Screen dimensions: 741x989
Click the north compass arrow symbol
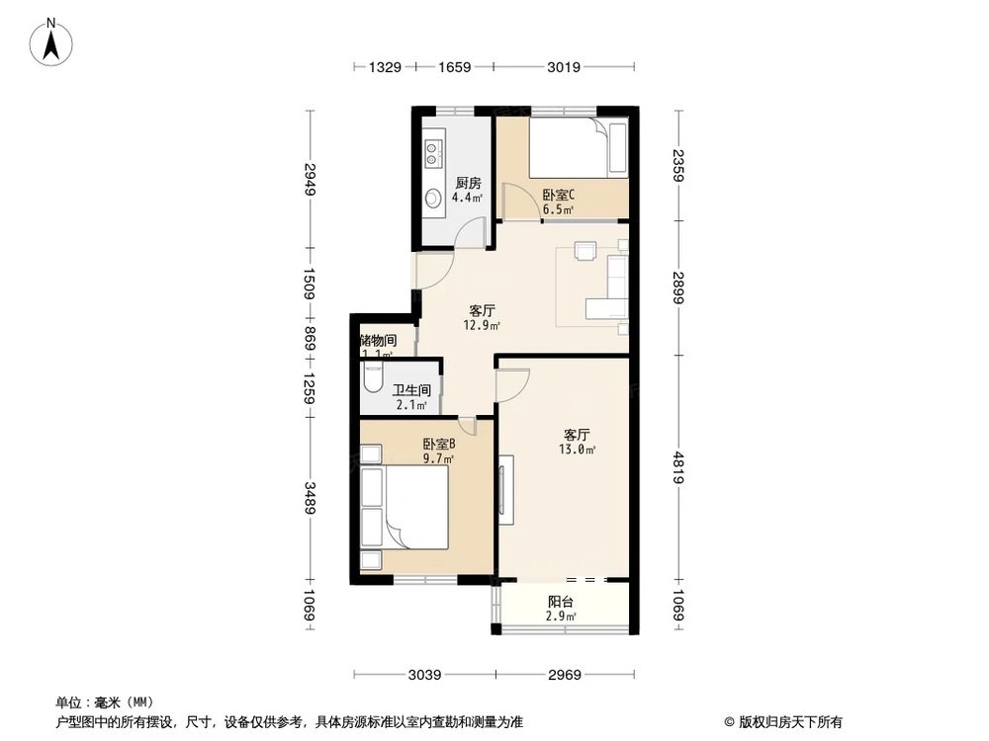tap(54, 41)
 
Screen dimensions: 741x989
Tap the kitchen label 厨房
tap(468, 183)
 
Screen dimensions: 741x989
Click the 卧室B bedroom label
tap(438, 445)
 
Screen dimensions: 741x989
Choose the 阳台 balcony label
tap(562, 602)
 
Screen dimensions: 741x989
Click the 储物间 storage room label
tap(378, 340)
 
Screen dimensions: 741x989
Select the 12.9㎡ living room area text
tap(482, 324)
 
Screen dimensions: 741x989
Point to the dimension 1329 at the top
tap(385, 67)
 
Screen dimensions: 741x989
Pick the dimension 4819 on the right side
tap(677, 467)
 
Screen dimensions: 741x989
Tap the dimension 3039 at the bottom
tap(424, 675)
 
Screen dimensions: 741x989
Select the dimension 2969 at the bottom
tap(565, 675)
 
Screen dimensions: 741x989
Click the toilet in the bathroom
tap(373, 380)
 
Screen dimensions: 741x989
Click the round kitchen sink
tap(433, 198)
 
